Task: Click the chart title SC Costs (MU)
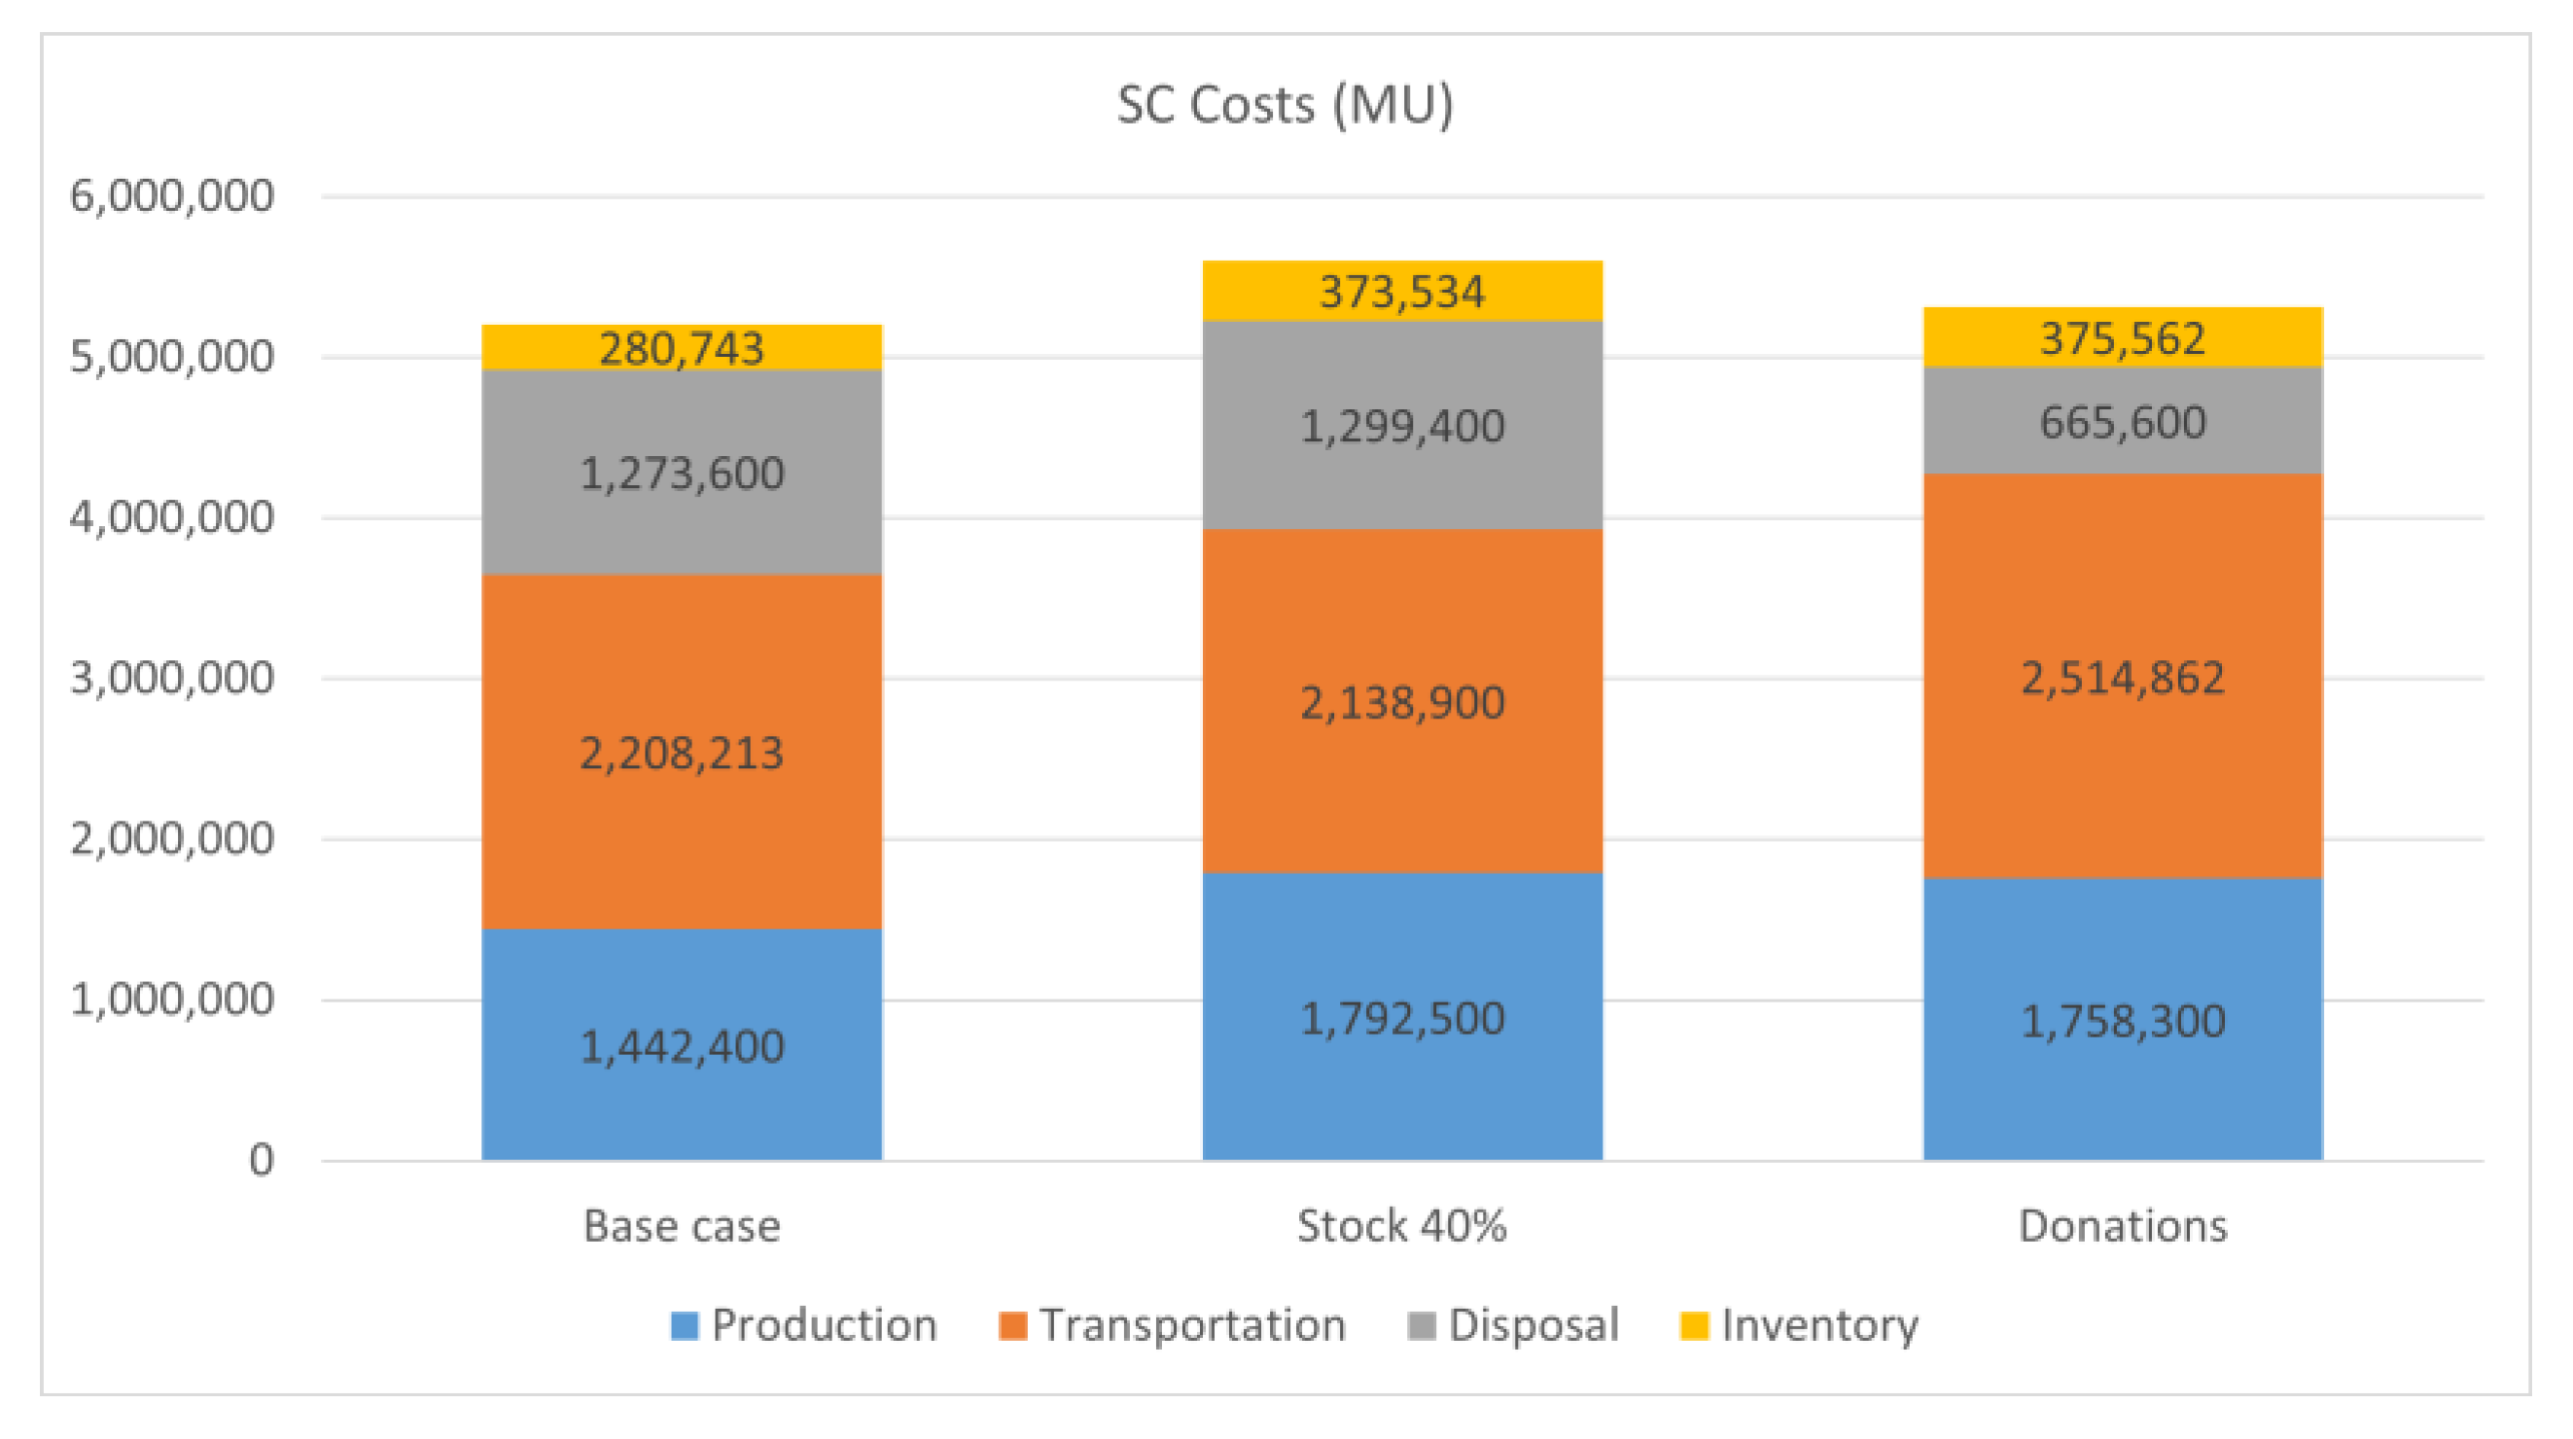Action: click(x=1285, y=106)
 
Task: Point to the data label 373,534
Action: click(x=1401, y=293)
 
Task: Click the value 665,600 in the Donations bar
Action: click(x=2123, y=422)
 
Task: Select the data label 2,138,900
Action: click(x=1401, y=703)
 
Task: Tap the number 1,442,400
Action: click(x=682, y=1046)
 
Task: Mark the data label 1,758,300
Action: click(x=2123, y=1022)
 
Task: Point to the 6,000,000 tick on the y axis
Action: click(x=171, y=195)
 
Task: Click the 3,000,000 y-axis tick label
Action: click(x=171, y=678)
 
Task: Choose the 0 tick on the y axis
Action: click(x=261, y=1160)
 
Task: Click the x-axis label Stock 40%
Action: click(x=1401, y=1225)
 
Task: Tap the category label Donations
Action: click(x=2123, y=1225)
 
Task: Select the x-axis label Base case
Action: click(x=682, y=1225)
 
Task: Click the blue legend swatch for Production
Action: click(x=685, y=1325)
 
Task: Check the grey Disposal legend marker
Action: click(x=1421, y=1325)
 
